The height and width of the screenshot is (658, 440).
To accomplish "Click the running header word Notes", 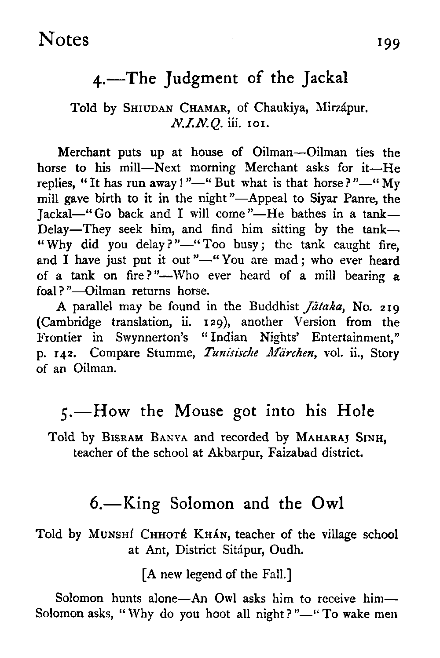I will [x=63, y=40].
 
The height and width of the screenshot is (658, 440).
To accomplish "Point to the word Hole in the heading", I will [x=355, y=411].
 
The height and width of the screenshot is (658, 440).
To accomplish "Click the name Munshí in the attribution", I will [x=111, y=534].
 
